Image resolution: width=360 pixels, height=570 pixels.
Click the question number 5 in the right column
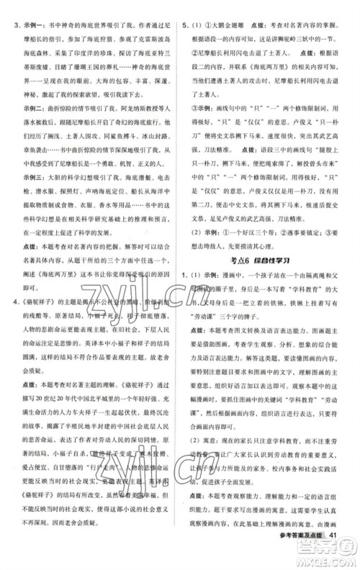click(186, 9)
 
